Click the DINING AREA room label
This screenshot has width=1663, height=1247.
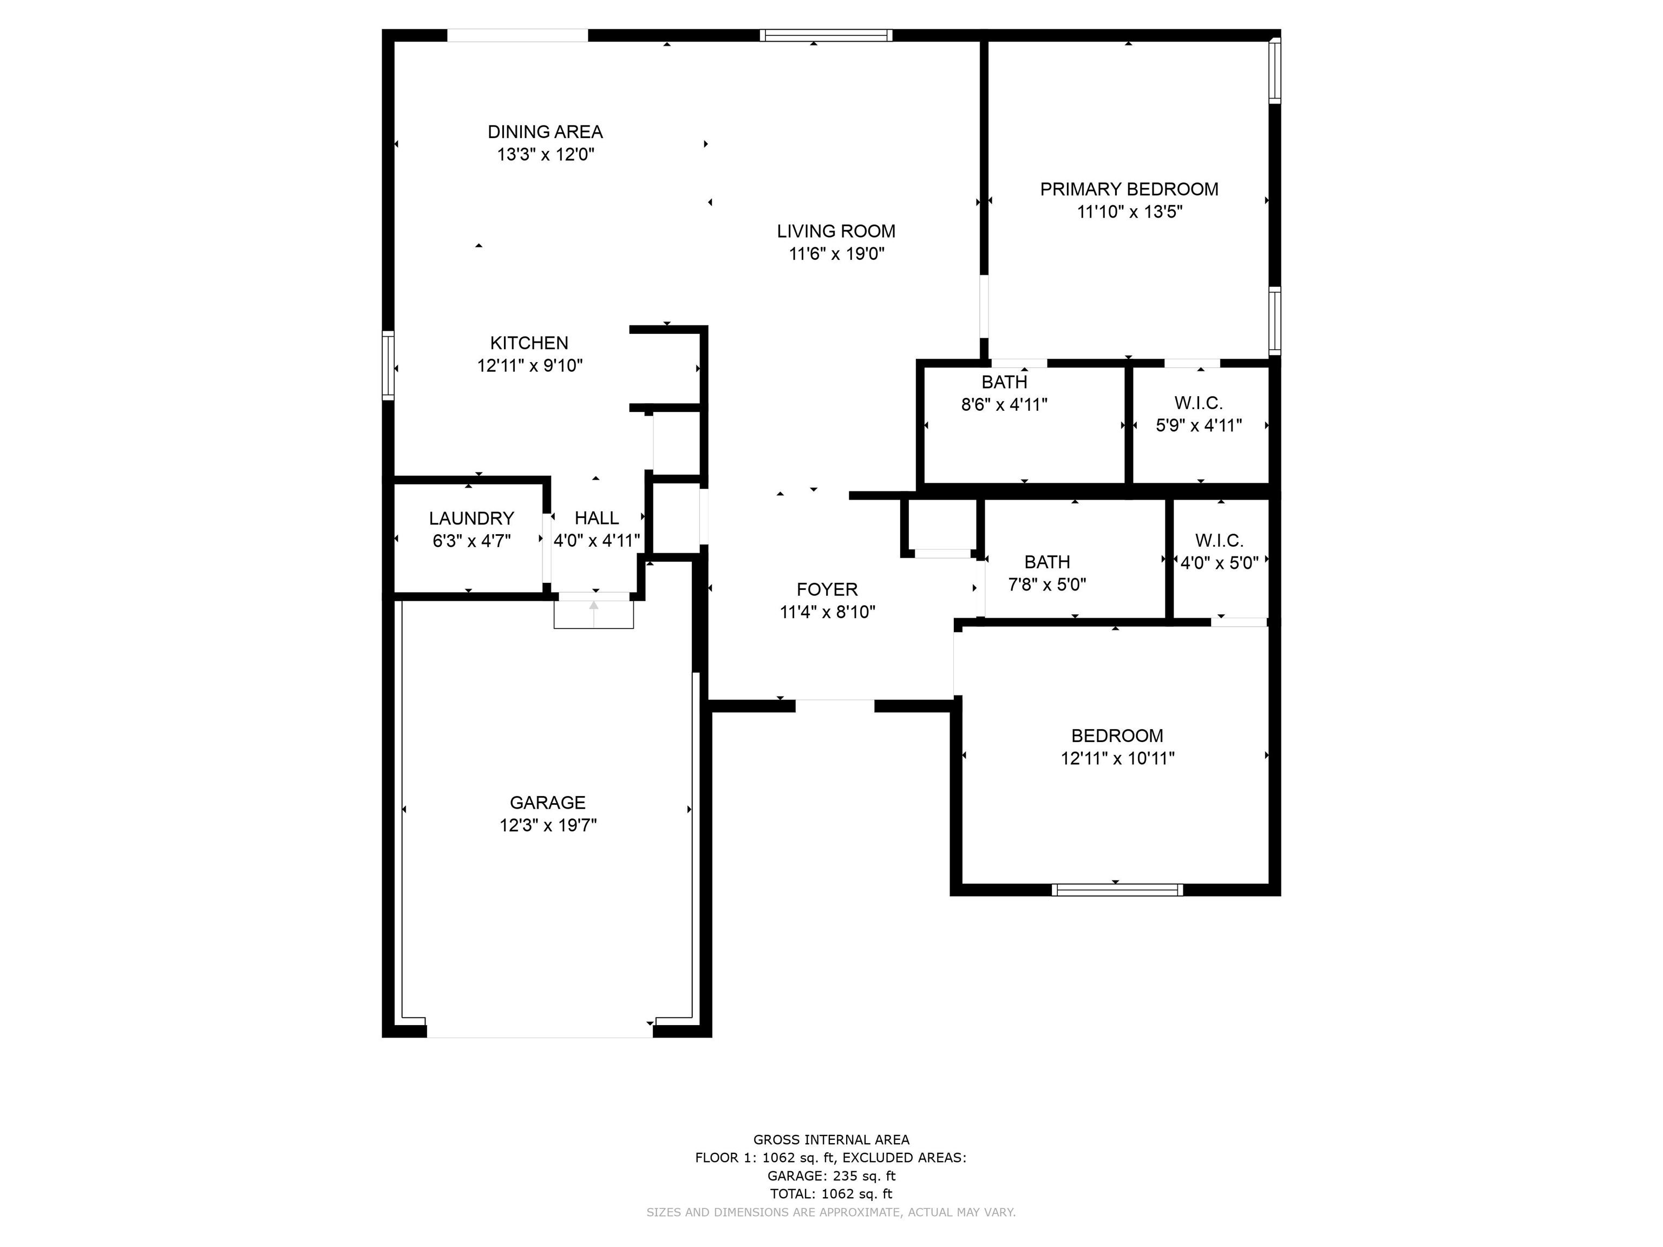[545, 132]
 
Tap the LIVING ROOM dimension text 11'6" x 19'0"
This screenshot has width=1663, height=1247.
[836, 254]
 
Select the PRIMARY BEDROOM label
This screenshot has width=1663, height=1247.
[1129, 189]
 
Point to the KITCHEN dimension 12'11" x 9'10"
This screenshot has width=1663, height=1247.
[530, 366]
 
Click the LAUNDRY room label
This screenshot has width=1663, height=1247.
[472, 519]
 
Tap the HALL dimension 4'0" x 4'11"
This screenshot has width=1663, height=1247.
[597, 541]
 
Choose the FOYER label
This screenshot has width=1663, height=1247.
[827, 589]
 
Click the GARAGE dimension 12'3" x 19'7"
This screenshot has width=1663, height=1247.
[548, 825]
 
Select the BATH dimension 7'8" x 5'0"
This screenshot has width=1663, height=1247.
[1047, 585]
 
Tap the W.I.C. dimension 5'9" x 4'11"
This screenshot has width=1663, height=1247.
[1199, 425]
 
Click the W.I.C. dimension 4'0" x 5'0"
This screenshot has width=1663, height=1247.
[1220, 563]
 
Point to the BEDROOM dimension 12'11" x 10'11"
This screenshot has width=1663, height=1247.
[1117, 758]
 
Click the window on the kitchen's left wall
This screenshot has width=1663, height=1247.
[388, 365]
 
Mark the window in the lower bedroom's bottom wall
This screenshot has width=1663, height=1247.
[1117, 890]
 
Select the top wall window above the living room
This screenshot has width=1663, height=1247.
[826, 35]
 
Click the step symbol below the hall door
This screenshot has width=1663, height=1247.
[594, 613]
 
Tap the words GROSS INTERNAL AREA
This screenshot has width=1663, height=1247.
[831, 1139]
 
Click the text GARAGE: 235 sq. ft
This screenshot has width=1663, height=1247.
[831, 1176]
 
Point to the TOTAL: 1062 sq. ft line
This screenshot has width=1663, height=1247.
[831, 1193]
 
